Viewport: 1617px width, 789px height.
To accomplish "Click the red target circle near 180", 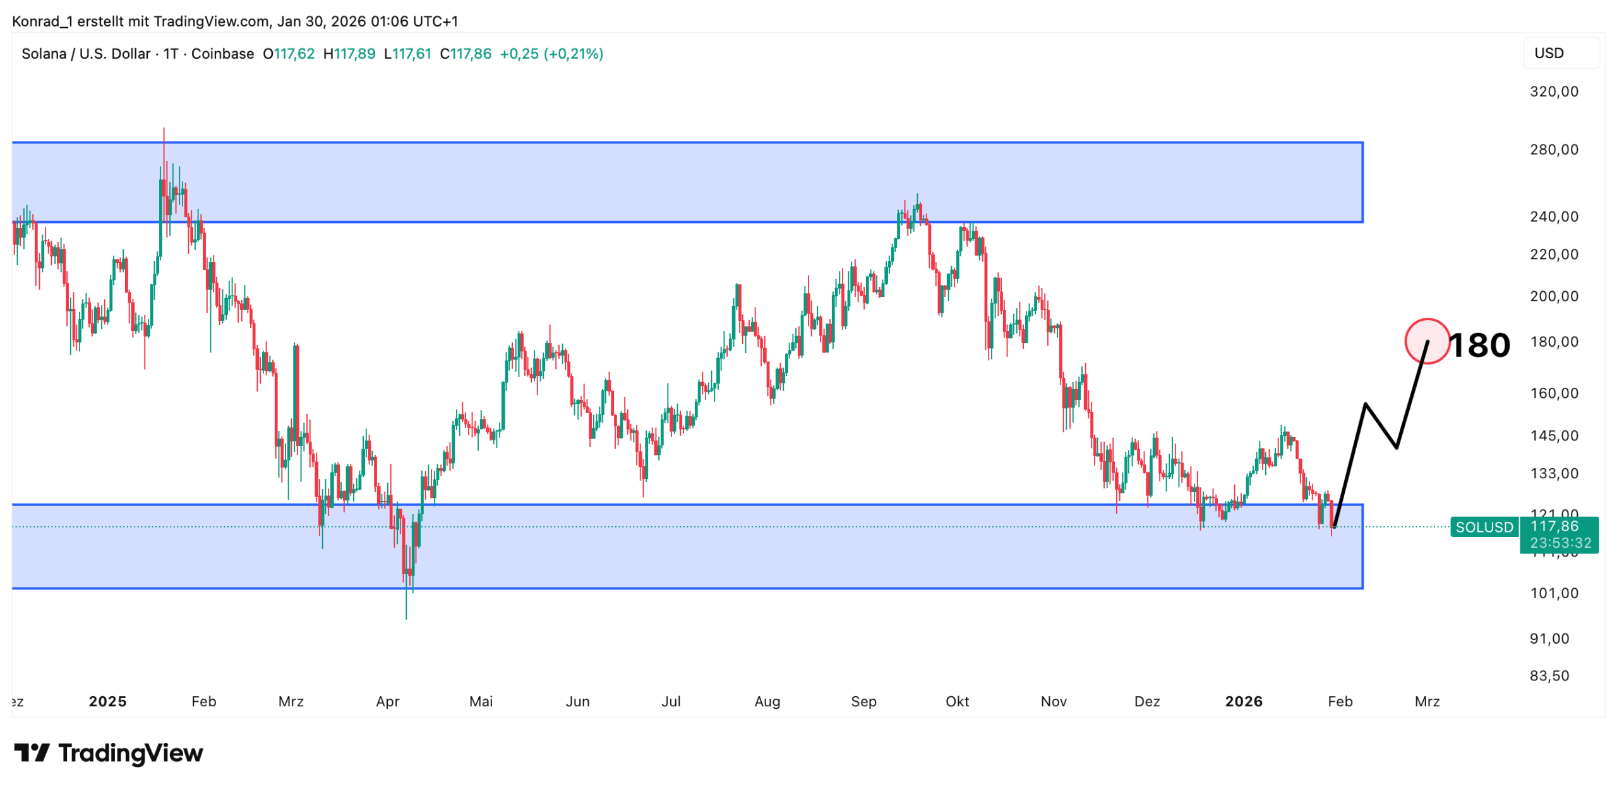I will point(1426,341).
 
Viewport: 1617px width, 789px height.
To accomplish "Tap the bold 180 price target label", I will point(1479,346).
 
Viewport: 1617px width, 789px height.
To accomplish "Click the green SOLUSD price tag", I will point(1484,527).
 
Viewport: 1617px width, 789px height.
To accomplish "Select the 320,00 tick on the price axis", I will point(1553,92).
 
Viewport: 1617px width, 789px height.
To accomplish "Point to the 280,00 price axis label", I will point(1553,150).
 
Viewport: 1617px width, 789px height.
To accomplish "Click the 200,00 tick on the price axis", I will point(1553,296).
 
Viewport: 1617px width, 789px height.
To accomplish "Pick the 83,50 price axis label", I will point(1549,676).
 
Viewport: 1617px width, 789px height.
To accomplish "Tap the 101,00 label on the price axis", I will point(1553,593).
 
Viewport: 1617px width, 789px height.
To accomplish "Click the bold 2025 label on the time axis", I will point(107,701).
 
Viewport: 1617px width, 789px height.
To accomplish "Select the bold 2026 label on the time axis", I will point(1243,701).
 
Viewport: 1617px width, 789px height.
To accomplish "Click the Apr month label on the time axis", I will point(387,701).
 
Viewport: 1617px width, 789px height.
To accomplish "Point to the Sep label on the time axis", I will point(863,701).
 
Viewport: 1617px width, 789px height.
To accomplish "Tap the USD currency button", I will point(1549,53).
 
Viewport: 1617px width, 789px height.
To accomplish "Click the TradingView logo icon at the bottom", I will point(32,752).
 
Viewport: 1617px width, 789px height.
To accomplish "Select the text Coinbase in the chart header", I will point(222,54).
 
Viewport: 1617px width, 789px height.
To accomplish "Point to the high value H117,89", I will point(349,54).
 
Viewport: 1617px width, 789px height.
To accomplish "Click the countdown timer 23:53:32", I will point(1560,543).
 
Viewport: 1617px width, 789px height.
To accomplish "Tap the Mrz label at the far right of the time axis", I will point(1427,701).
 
